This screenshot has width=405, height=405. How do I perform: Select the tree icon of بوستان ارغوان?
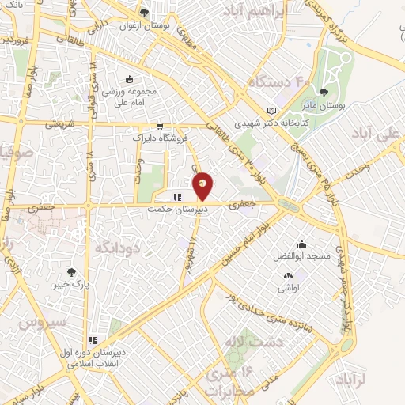coord(143,13)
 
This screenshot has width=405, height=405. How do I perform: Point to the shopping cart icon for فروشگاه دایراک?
coord(160,126)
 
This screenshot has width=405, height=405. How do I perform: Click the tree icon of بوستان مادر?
coord(323,93)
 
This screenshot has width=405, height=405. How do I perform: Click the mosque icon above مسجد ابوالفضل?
coord(301,244)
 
